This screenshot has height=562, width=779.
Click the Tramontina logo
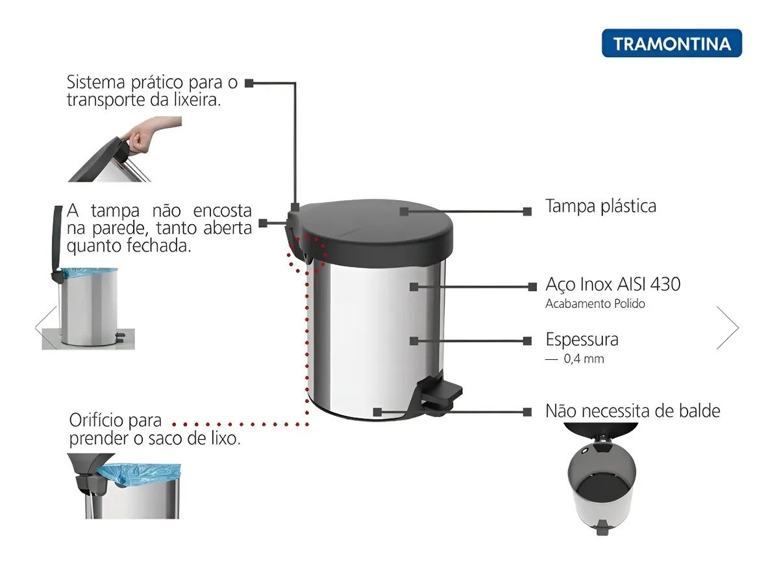[x=671, y=43]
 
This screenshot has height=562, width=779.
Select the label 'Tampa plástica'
[x=600, y=207]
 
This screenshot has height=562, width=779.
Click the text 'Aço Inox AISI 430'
[x=613, y=285]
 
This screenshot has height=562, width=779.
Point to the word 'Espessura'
[x=582, y=339]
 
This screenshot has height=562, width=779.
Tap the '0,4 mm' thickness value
[x=584, y=359]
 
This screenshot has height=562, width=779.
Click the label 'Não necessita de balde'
[x=632, y=411]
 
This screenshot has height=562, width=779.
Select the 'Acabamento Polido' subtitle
[x=595, y=304]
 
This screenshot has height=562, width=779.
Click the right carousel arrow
[x=728, y=327]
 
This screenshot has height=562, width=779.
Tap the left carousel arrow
[x=45, y=327]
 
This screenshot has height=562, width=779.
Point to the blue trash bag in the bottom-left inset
[x=139, y=474]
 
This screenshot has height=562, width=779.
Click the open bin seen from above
[x=601, y=479]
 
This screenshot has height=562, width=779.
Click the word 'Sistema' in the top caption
[x=95, y=83]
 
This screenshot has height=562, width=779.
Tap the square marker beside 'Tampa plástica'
[x=527, y=211]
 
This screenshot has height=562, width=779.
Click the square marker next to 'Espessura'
[x=527, y=340]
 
